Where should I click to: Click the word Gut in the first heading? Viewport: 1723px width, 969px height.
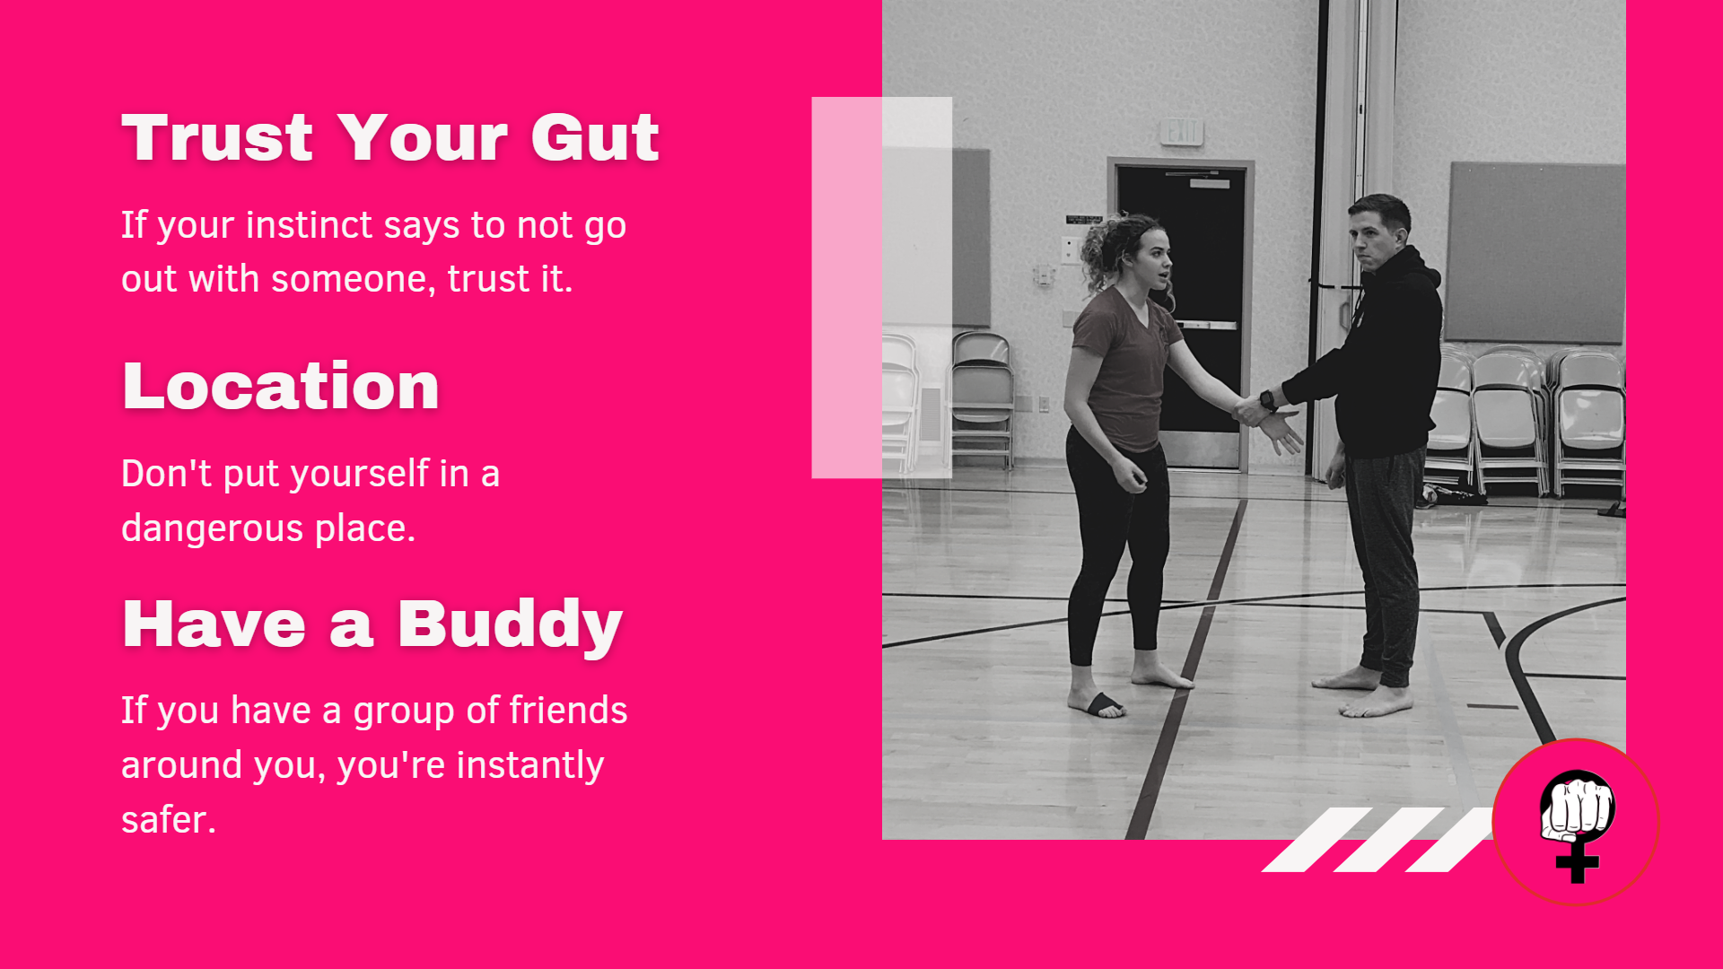point(595,138)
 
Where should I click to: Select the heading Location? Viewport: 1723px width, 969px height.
point(281,386)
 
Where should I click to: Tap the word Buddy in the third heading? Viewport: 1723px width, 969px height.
point(510,626)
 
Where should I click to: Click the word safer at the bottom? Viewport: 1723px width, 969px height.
point(169,819)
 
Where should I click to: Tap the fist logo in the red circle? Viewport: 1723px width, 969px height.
point(1577,824)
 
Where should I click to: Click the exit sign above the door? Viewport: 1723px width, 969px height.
point(1181,131)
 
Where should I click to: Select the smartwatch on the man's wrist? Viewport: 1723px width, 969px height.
point(1268,399)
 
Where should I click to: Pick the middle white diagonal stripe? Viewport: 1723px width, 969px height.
point(1389,840)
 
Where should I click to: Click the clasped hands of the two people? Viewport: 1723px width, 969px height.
point(1251,411)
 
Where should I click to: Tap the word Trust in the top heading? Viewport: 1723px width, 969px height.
point(218,138)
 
